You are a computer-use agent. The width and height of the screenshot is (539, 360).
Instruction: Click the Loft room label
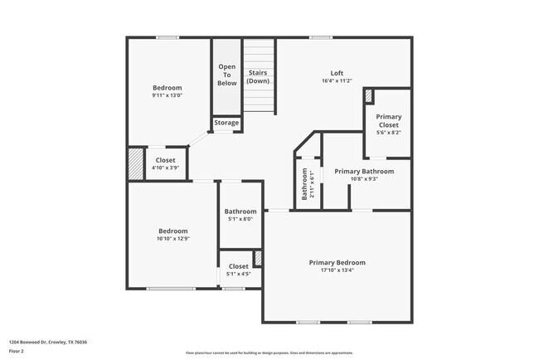click(337, 72)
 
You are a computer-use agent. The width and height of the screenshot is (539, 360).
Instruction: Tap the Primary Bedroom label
click(337, 263)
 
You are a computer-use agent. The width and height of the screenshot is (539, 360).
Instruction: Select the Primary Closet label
click(388, 121)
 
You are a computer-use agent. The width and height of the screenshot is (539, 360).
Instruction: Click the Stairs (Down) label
click(259, 77)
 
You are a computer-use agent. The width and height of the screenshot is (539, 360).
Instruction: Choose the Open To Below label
click(227, 75)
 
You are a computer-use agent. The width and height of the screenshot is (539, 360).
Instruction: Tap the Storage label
click(226, 123)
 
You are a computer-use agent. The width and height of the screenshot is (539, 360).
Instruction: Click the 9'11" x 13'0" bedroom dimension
click(167, 95)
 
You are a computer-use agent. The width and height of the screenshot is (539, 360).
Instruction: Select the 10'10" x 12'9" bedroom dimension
click(173, 239)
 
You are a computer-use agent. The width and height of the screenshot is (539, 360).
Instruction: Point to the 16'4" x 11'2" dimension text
click(337, 80)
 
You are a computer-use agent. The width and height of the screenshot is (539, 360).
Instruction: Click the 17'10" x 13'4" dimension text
click(337, 270)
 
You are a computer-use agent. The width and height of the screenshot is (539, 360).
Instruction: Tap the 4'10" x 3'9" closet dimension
click(165, 168)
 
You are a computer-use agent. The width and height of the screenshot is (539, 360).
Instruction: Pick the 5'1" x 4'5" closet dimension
click(239, 274)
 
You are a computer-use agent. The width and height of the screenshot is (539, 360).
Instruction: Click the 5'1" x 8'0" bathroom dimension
click(239, 219)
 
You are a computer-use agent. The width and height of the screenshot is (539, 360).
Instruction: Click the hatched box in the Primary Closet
click(369, 95)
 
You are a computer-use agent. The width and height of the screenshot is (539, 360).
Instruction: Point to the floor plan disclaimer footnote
click(269, 352)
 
